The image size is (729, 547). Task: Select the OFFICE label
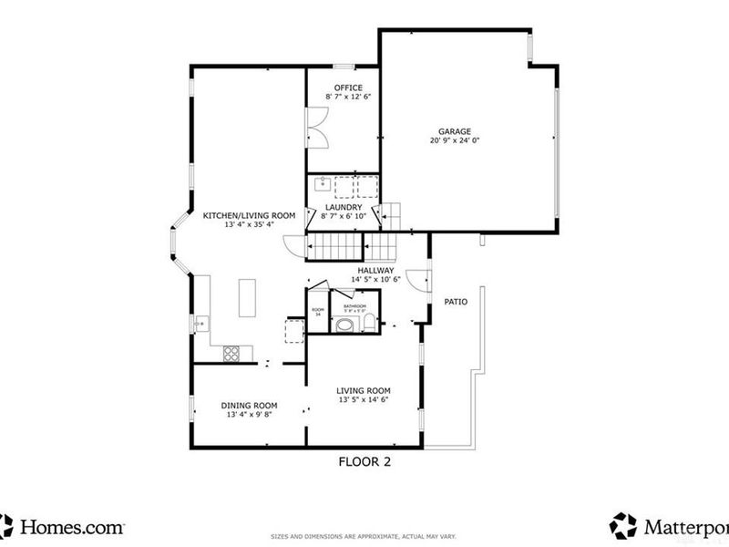click(341, 88)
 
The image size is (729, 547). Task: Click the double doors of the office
click(317, 127)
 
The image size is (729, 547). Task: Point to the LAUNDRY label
click(342, 207)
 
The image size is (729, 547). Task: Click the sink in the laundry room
click(321, 185)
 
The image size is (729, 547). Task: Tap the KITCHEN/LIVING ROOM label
click(249, 215)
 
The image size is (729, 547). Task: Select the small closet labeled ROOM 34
click(317, 312)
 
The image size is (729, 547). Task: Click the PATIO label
click(456, 301)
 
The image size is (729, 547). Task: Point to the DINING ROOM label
click(249, 406)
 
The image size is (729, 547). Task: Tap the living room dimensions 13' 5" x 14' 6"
click(364, 400)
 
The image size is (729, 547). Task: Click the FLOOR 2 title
click(364, 462)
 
